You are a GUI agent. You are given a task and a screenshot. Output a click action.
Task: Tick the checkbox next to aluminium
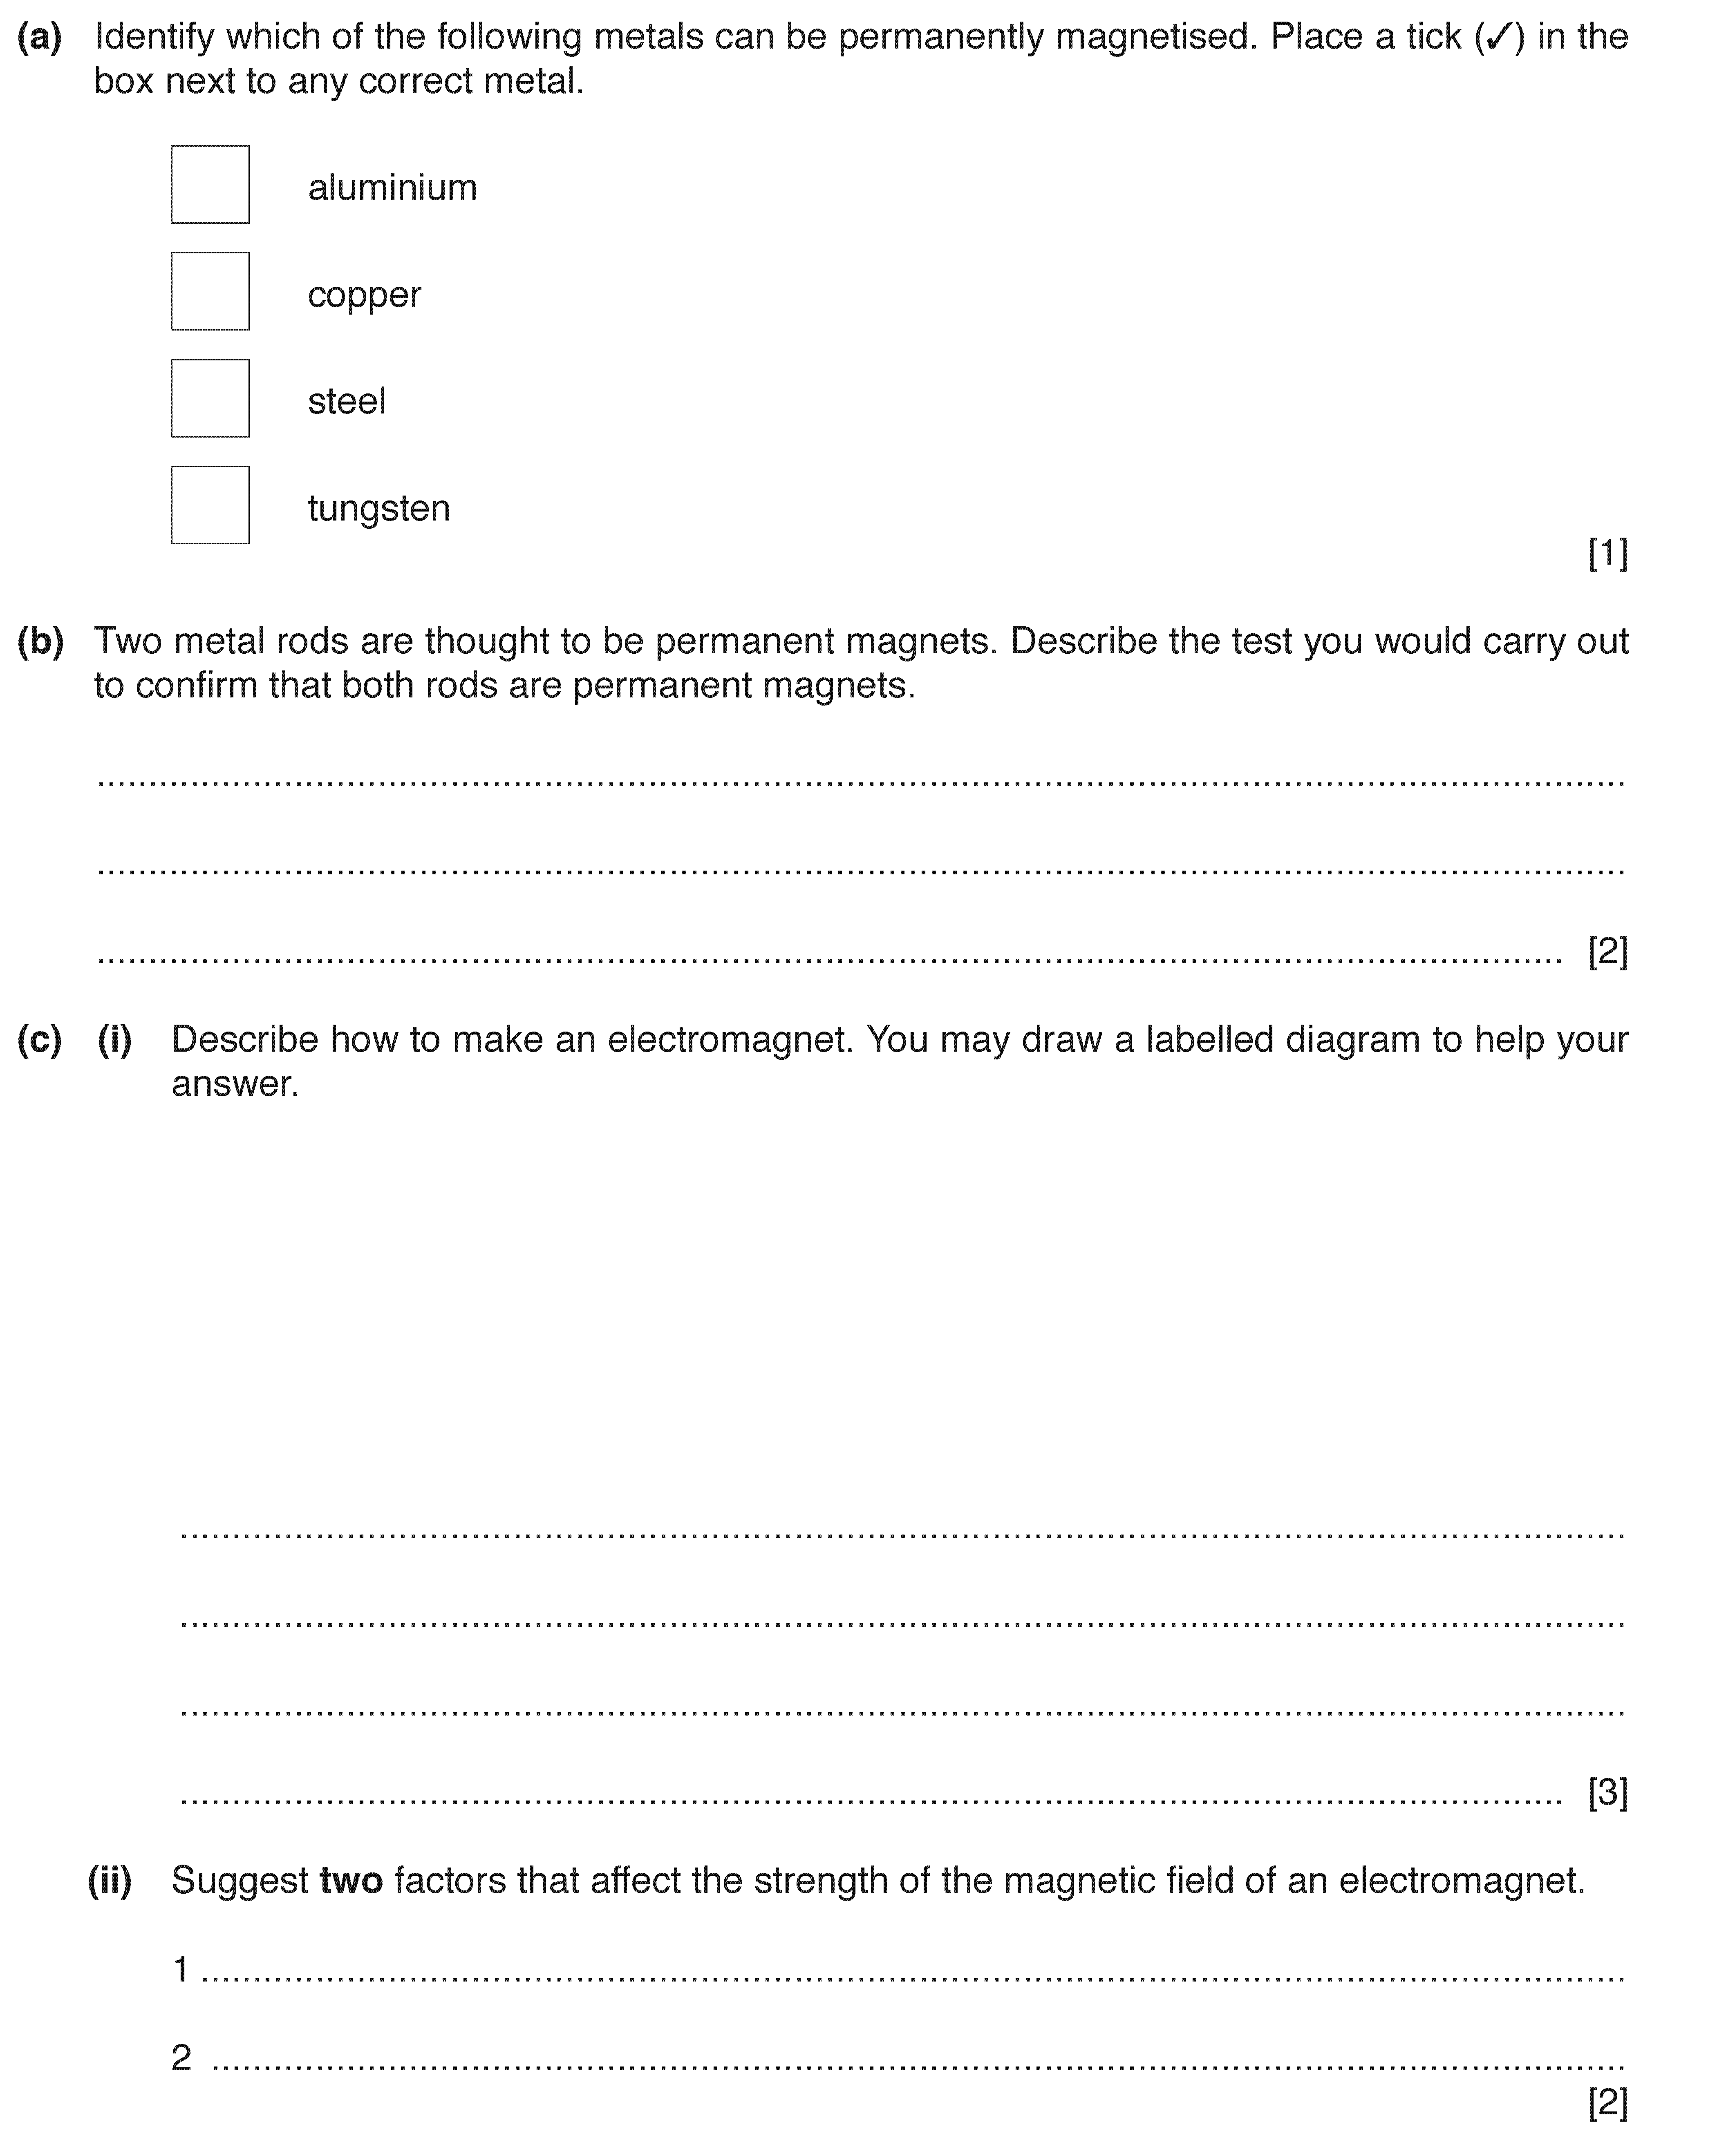210,184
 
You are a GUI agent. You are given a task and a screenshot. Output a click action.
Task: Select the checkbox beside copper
210,292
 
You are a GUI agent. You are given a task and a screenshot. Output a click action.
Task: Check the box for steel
210,399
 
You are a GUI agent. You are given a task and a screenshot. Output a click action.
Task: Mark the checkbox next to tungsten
210,506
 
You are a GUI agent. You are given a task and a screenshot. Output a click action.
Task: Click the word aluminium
392,188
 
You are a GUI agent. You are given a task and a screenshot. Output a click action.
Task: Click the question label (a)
40,38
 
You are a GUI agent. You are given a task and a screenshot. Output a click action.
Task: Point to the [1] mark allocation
1607,553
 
